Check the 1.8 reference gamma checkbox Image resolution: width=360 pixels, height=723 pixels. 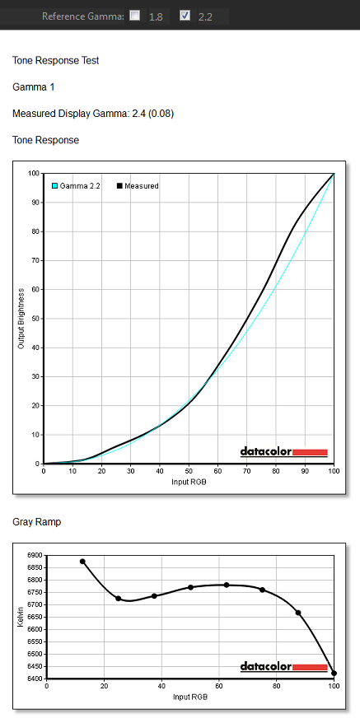point(135,16)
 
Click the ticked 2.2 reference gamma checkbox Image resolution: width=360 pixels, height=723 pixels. point(185,16)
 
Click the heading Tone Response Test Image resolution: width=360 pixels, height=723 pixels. point(56,60)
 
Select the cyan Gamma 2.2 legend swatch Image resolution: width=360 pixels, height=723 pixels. point(54,186)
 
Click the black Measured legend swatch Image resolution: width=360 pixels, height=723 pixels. point(119,186)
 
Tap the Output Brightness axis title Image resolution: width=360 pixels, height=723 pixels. point(21,319)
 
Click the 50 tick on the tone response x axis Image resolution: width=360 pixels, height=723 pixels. point(189,472)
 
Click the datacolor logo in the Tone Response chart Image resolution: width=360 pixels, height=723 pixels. point(284,452)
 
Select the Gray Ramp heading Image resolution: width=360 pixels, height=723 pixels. point(36,522)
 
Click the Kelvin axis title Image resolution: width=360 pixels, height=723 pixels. point(21,618)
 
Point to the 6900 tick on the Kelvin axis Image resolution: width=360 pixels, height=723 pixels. point(34,556)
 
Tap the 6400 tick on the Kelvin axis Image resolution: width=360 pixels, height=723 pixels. point(34,679)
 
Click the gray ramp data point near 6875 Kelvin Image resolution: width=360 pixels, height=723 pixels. point(82,562)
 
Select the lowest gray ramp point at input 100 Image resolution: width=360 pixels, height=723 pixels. point(334,674)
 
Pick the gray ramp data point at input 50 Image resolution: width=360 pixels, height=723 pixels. point(190,587)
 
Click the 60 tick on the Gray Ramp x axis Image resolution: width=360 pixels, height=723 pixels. point(219,687)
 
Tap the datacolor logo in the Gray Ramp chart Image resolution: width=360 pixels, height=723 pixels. point(284,667)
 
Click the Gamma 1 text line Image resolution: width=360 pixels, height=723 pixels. point(33,87)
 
